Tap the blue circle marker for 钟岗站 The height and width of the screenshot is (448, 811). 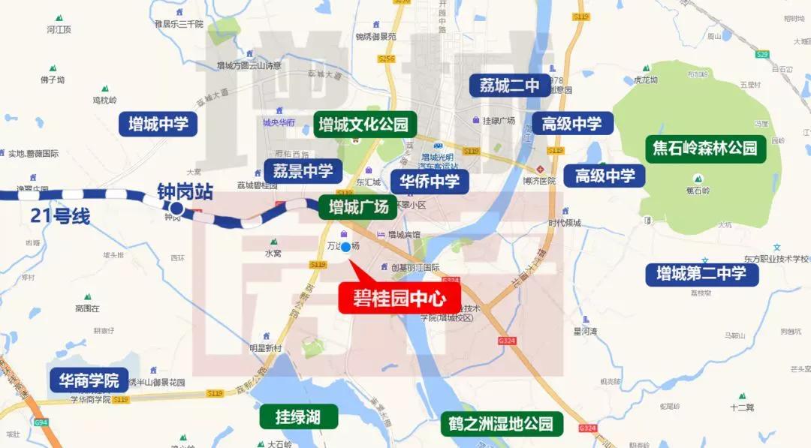176,209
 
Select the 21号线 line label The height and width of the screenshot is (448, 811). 60,218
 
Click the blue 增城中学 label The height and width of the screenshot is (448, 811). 158,124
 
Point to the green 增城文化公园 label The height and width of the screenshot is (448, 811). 363,124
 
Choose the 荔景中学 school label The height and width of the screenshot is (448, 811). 298,171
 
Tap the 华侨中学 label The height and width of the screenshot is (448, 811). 429,181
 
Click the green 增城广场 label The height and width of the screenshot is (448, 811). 354,207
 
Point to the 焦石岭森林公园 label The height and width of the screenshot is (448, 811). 705,149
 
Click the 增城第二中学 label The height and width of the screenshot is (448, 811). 701,274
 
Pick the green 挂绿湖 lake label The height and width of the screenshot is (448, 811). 297,417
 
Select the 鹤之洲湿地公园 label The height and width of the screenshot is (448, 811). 502,424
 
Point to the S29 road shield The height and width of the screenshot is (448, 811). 762,54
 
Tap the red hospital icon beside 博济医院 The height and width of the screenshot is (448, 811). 539,168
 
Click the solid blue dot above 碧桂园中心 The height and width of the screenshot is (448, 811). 346,248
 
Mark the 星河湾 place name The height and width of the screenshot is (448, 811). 585,331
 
